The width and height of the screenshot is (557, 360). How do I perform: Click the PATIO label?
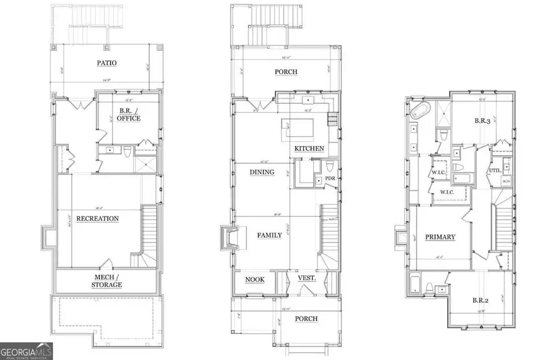(106, 62)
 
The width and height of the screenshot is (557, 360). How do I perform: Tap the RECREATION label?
(97, 218)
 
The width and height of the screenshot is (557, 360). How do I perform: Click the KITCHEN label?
(309, 148)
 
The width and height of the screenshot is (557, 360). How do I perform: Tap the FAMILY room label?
(266, 235)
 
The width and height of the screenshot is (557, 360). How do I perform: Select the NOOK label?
(254, 280)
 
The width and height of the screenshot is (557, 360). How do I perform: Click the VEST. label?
(307, 278)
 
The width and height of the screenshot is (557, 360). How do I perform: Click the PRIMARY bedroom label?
(440, 237)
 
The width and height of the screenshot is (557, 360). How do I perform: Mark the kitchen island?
(300, 129)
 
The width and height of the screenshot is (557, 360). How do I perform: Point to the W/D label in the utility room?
(506, 181)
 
